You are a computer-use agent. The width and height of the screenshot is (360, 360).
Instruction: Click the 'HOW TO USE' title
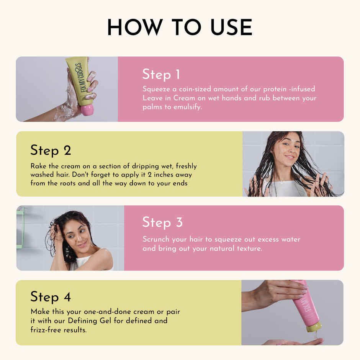pos(180,28)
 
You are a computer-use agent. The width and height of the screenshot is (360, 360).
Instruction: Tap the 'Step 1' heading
pos(161,74)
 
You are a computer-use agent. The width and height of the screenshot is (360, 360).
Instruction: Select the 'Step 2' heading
pos(51,150)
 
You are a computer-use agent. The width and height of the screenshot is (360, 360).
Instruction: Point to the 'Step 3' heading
pos(162,223)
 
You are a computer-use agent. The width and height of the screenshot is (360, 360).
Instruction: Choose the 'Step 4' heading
pos(51,297)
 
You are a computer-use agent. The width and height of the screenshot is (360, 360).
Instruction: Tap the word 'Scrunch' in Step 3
pos(156,239)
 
